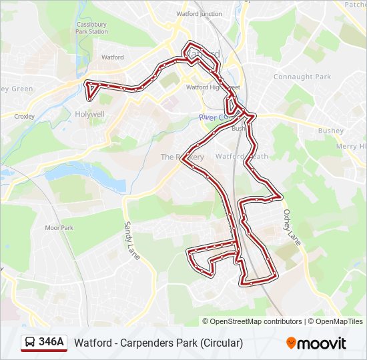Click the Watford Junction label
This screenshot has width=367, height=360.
199,13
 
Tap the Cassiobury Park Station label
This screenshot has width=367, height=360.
91,27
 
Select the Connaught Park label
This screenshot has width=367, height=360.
302,77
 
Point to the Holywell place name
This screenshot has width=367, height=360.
89,114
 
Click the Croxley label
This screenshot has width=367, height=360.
24,116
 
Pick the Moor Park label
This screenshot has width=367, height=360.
59,227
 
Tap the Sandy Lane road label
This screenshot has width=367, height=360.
130,241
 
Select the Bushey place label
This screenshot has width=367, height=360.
330,131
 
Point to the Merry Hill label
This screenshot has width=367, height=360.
351,146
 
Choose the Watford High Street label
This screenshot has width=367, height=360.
212,87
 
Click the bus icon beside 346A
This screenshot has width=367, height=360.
30,343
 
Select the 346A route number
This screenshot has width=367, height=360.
51,343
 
